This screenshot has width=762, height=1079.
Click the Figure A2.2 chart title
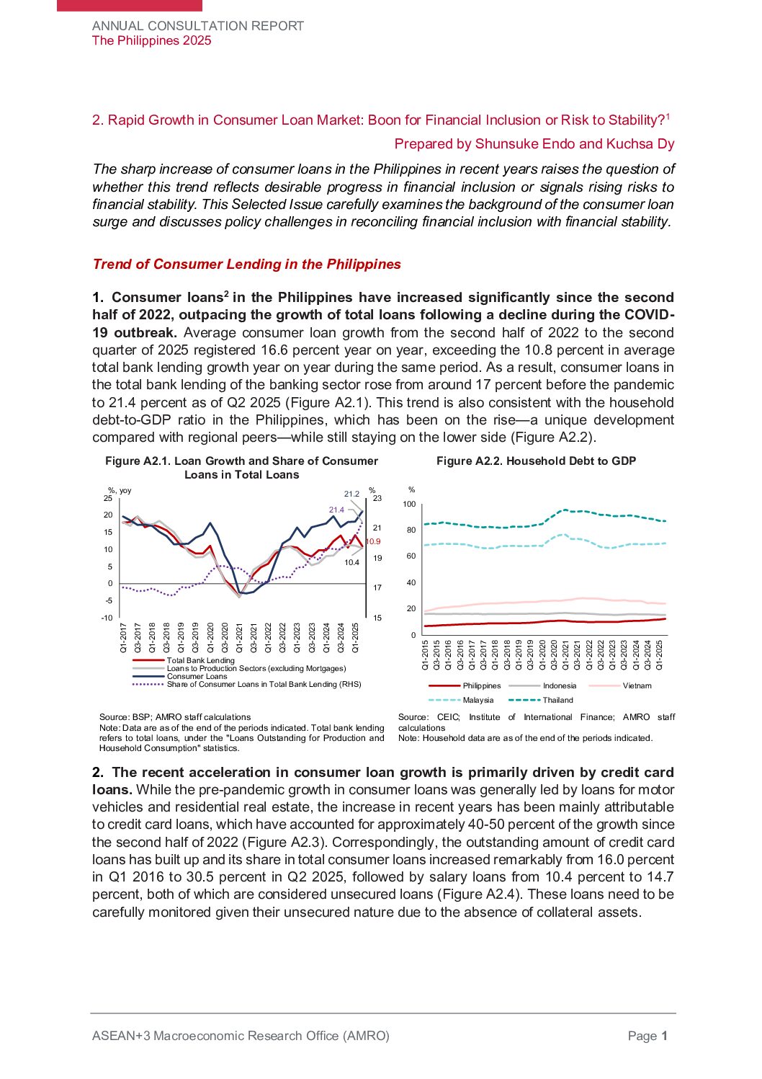tap(536, 461)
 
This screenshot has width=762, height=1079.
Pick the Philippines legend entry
tap(481, 685)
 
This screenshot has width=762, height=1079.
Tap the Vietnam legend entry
tap(637, 685)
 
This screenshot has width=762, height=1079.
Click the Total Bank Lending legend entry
tap(200, 660)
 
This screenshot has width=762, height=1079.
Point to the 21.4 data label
tap(336, 510)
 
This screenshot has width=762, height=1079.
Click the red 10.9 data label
tap(373, 541)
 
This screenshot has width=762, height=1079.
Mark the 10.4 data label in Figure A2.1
tap(351, 562)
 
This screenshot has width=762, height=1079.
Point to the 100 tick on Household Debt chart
tap(409, 504)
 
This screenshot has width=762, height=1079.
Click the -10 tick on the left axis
tap(107, 618)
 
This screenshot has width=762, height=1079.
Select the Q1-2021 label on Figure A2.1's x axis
tap(239, 638)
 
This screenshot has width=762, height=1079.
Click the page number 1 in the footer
tap(665, 1036)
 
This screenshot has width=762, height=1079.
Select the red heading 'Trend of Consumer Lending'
tap(246, 264)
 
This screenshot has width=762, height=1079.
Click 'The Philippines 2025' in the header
tap(151, 40)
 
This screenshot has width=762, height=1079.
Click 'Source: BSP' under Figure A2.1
tap(125, 717)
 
